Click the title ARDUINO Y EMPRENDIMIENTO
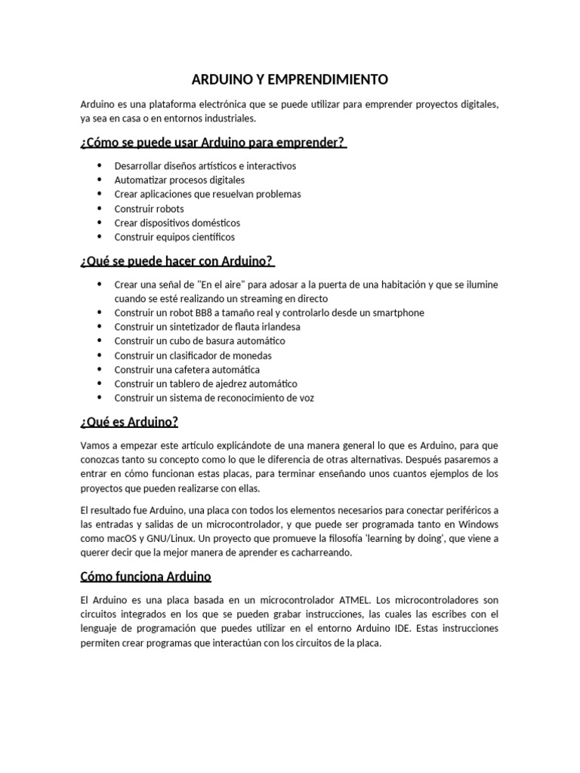click(289, 79)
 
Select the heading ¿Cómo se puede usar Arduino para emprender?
click(213, 143)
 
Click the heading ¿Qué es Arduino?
click(128, 421)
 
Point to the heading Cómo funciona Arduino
click(146, 577)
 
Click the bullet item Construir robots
click(149, 208)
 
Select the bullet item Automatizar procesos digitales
click(179, 180)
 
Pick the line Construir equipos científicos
click(174, 237)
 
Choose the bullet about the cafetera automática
click(187, 370)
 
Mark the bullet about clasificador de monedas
click(193, 356)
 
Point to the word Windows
click(477, 524)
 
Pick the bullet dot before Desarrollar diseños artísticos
click(100, 165)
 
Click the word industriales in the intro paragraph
click(229, 119)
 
